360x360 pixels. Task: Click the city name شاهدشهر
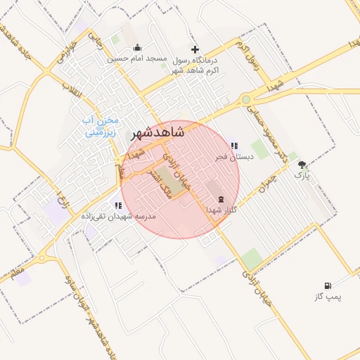point(158,132)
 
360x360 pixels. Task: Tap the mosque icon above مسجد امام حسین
point(136,48)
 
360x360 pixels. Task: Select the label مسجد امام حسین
point(136,59)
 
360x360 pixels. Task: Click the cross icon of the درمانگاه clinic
point(195,49)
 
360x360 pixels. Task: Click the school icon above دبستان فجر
point(233,146)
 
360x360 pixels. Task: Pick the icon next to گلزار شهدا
point(221,199)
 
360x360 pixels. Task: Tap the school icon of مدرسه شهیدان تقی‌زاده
point(118,205)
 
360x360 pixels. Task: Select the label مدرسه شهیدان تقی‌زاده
point(118,217)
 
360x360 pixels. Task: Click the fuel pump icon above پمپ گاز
point(327,285)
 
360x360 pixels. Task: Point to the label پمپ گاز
point(327,297)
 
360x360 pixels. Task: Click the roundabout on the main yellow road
point(246,100)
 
